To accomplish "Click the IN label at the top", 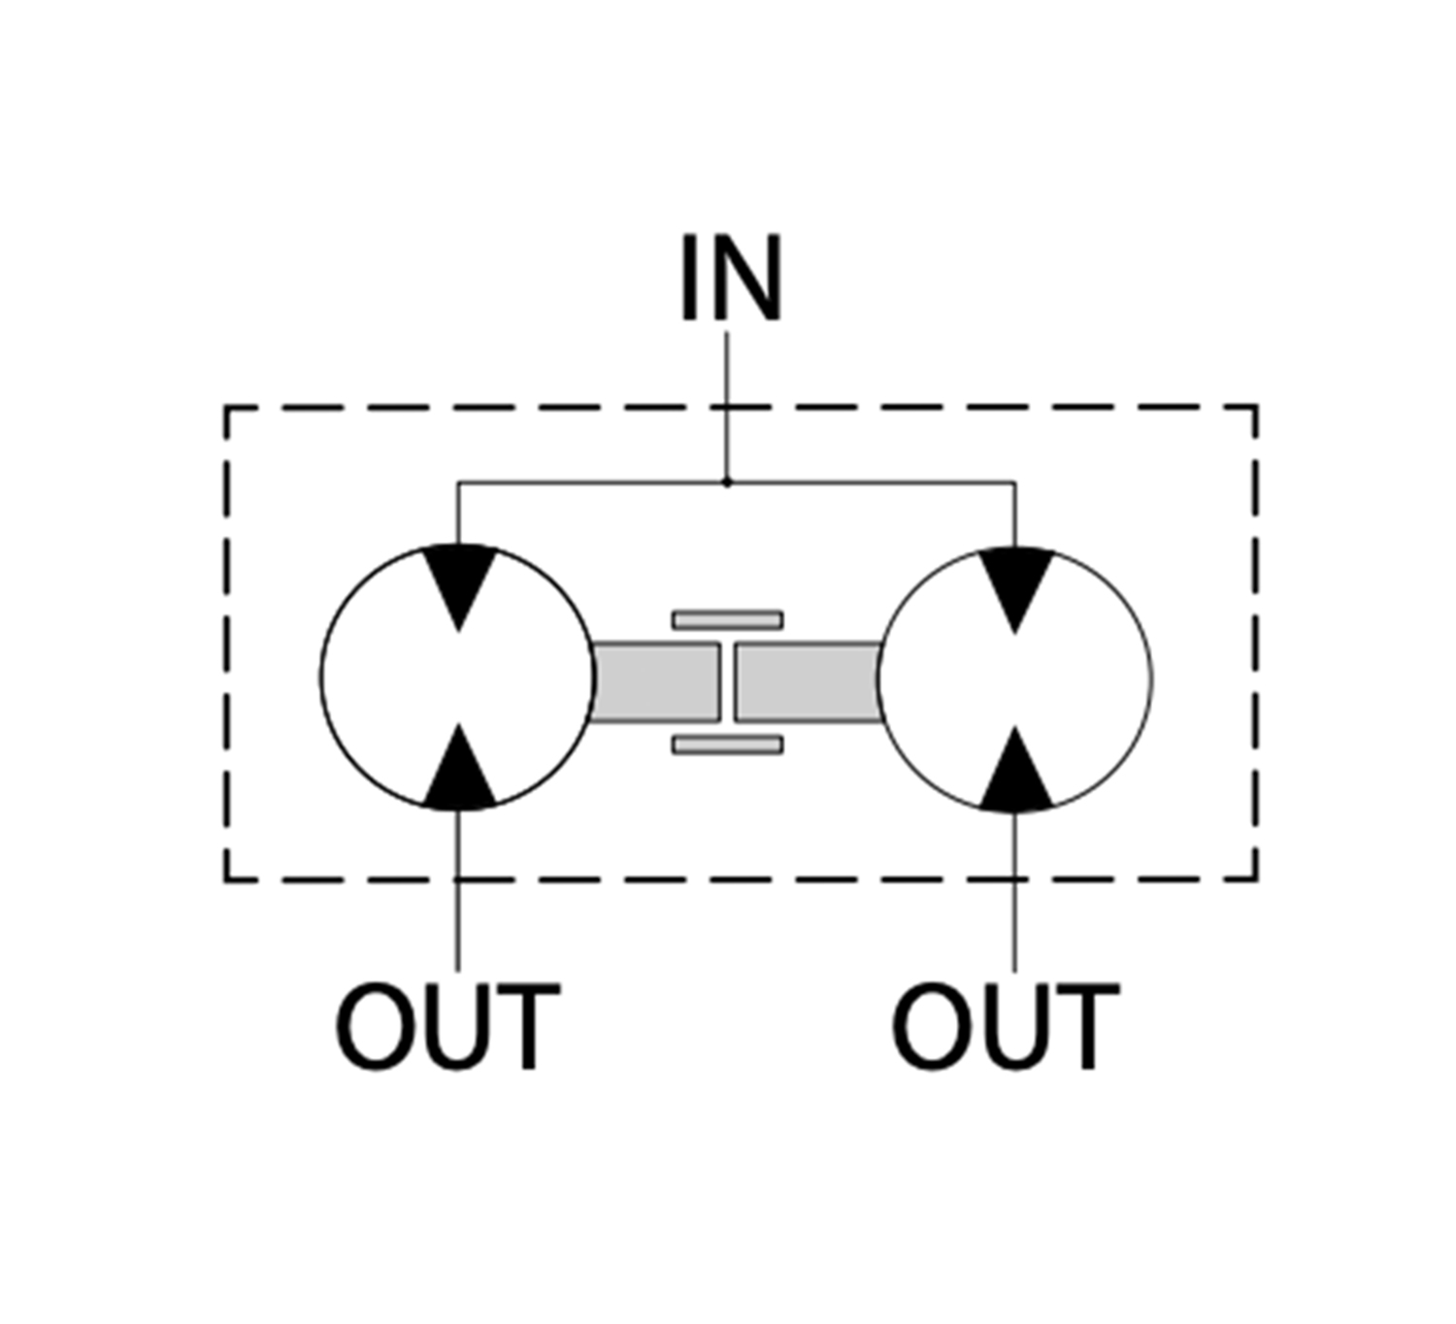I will [730, 278].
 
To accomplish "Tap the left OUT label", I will [447, 1027].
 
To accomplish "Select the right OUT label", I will [1005, 1027].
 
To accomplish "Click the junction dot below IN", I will [727, 481].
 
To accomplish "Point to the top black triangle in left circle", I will [460, 580].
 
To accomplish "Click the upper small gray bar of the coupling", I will [728, 619].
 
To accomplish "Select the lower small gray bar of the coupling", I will [728, 745].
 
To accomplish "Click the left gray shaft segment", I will [654, 681].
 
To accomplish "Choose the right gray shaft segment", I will [808, 681].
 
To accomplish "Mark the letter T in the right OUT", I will [1084, 1027].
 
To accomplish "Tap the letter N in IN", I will [746, 278].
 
